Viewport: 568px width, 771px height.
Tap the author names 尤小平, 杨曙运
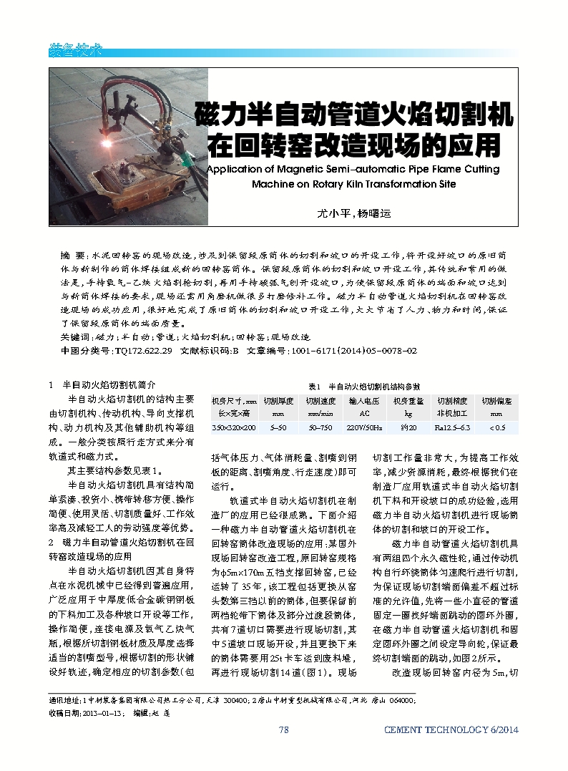pos(355,213)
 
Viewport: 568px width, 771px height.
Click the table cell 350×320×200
pos(233,427)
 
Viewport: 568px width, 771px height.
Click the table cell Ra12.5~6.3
pos(452,427)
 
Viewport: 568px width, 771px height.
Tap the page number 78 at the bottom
pos(283,730)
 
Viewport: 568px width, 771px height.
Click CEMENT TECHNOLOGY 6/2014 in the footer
pos(451,730)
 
